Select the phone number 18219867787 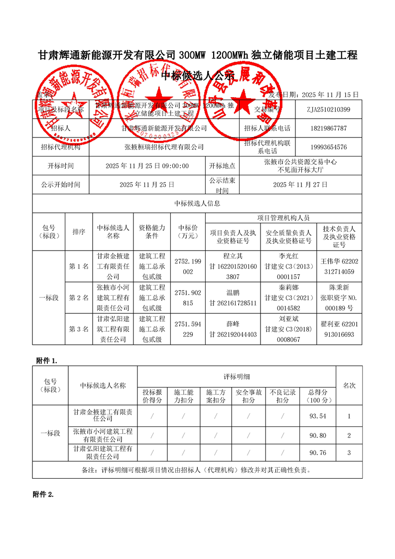(328, 128)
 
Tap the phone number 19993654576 (328, 147)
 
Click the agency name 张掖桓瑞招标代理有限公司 (164, 147)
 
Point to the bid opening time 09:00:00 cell (147, 166)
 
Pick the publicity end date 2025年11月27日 (300, 184)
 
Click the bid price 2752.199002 (188, 267)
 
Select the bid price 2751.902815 (188, 298)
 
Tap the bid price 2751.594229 (188, 329)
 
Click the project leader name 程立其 (233, 257)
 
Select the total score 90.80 (317, 435)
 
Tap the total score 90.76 (317, 453)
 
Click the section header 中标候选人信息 (197, 203)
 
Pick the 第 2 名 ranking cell (79, 298)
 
